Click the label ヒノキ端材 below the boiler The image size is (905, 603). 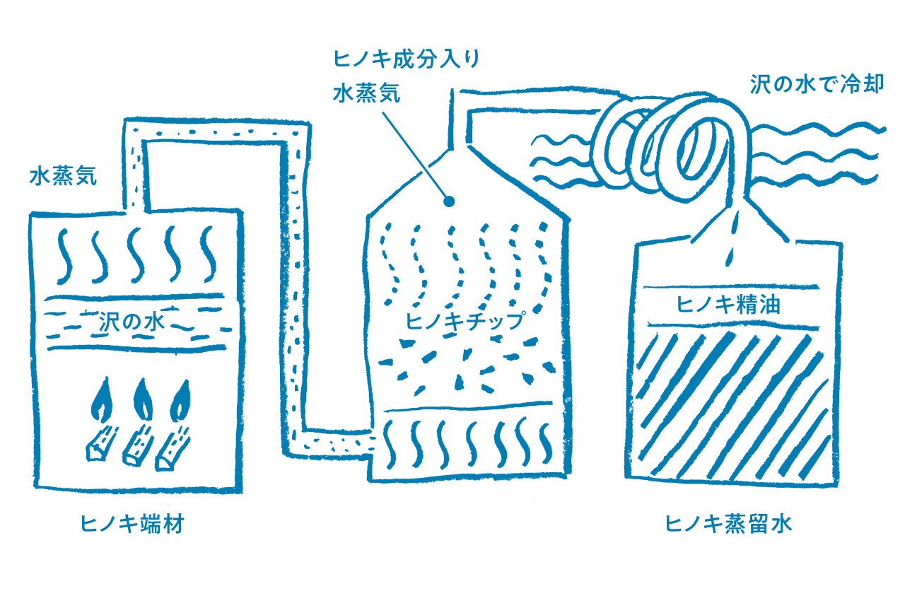(x=132, y=524)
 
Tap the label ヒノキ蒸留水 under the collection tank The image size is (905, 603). (x=728, y=524)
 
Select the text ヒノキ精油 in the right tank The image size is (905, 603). (x=728, y=305)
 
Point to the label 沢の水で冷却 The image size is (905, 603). (x=817, y=84)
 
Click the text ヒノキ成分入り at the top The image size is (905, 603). (x=406, y=59)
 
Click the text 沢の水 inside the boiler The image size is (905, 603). (x=132, y=322)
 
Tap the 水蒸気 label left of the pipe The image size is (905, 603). (x=64, y=176)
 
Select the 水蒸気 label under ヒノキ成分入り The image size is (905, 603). (x=367, y=93)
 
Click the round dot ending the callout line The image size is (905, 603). (x=449, y=201)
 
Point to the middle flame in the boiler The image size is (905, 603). (x=143, y=399)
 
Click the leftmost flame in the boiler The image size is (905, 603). (x=101, y=399)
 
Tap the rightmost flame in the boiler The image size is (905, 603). (x=180, y=400)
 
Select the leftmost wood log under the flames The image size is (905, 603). (x=102, y=443)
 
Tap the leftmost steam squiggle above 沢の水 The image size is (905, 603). (x=64, y=256)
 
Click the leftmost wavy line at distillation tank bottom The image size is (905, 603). (x=390, y=444)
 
